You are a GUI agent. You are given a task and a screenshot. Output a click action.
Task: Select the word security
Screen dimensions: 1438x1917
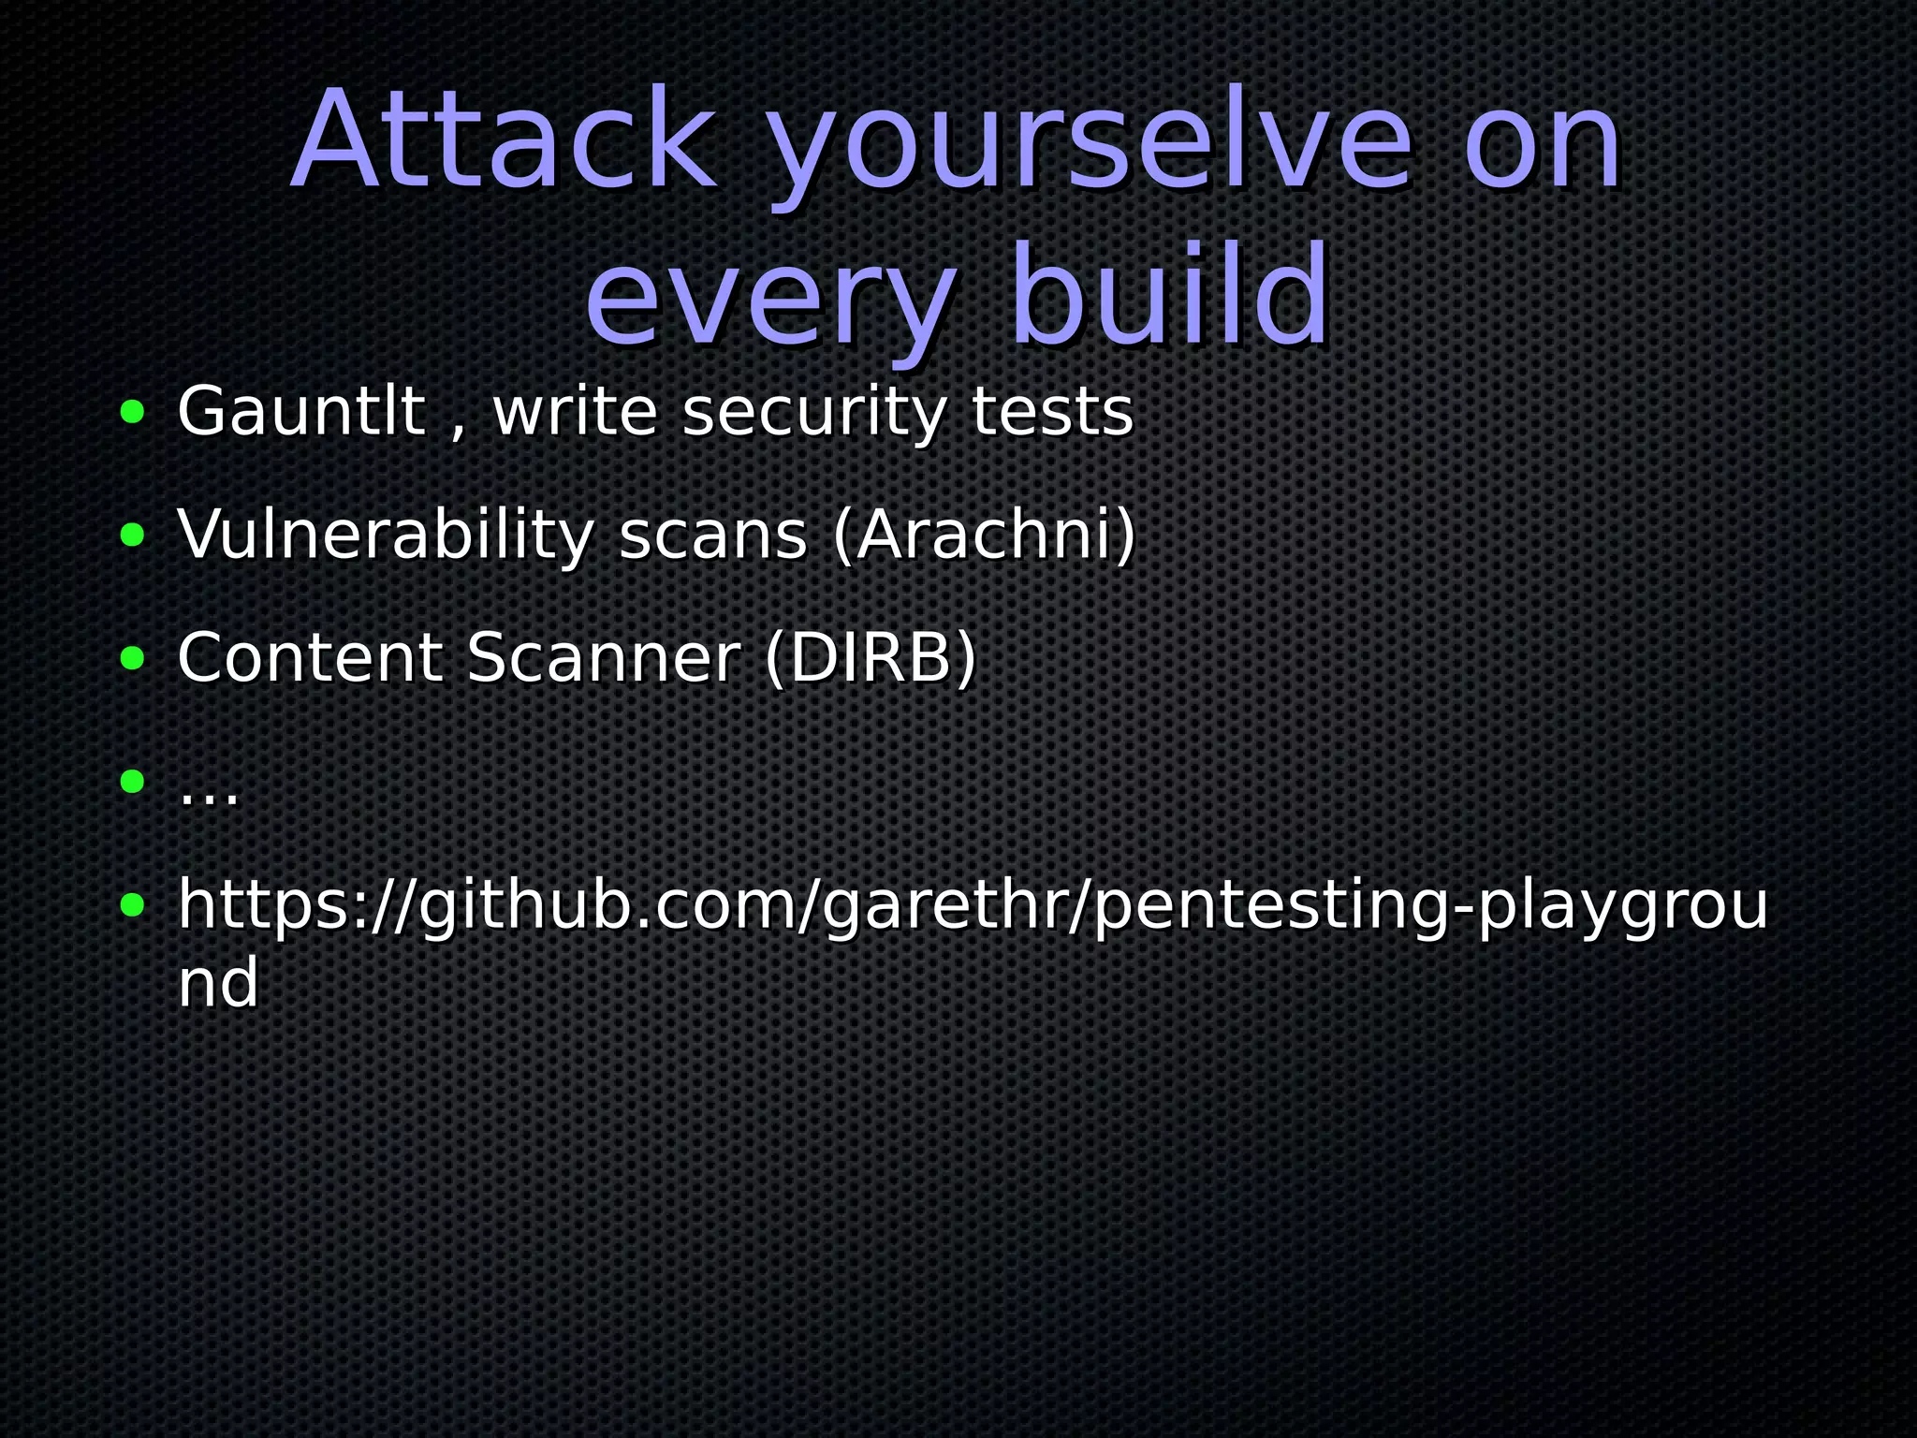[x=813, y=414]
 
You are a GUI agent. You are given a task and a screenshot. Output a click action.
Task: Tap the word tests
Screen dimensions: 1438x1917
[x=1052, y=412]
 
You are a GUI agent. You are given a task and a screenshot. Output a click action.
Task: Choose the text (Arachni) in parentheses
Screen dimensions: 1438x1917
[x=984, y=536]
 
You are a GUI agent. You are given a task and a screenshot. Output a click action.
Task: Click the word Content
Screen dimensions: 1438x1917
[x=310, y=657]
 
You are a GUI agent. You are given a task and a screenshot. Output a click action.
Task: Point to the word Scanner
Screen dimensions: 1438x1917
[x=604, y=657]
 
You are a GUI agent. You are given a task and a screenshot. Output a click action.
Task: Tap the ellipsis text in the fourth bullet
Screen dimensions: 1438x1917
[x=209, y=792]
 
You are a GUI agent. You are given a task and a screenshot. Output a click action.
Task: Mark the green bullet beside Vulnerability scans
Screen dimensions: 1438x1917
[x=133, y=535]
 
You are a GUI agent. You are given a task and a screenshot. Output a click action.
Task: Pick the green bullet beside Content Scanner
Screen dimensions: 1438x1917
[x=133, y=657]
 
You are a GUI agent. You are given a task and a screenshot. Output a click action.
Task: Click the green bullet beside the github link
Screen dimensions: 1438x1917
[x=133, y=904]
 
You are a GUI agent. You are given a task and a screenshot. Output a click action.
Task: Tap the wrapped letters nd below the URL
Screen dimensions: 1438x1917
[x=218, y=983]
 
